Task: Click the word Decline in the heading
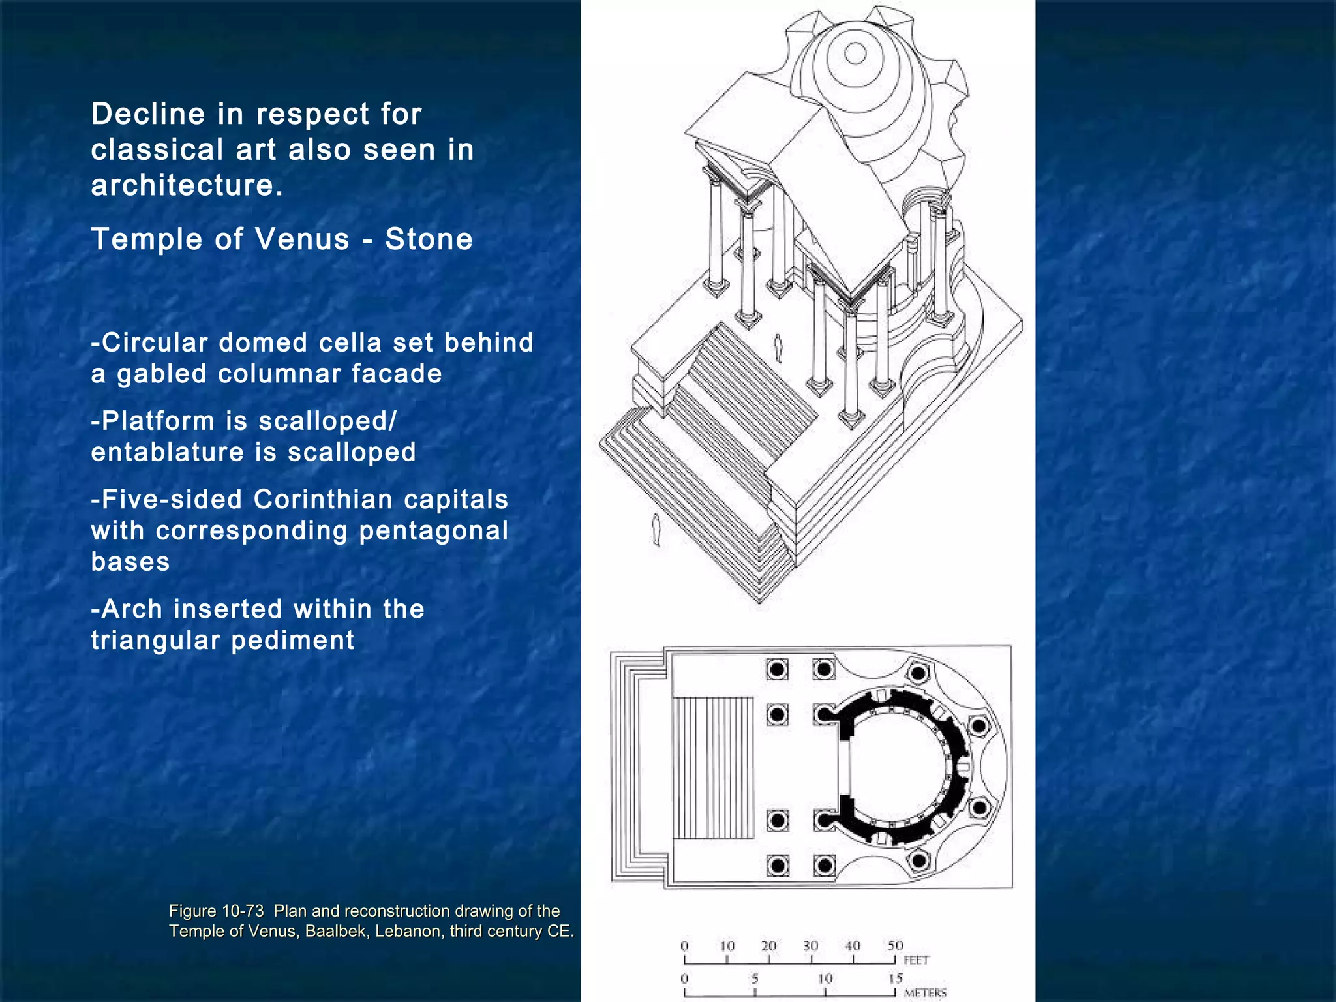tap(148, 115)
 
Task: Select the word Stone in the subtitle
tap(429, 239)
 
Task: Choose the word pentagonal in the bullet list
tap(433, 531)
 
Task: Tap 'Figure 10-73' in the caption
tap(216, 911)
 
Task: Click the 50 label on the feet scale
tap(895, 946)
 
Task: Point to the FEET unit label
tap(916, 960)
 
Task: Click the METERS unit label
tap(925, 993)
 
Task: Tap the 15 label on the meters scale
tap(895, 979)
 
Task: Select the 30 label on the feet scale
tap(811, 946)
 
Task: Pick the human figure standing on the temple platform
tap(778, 348)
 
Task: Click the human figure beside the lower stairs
tap(656, 529)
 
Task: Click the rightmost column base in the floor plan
tap(979, 725)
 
